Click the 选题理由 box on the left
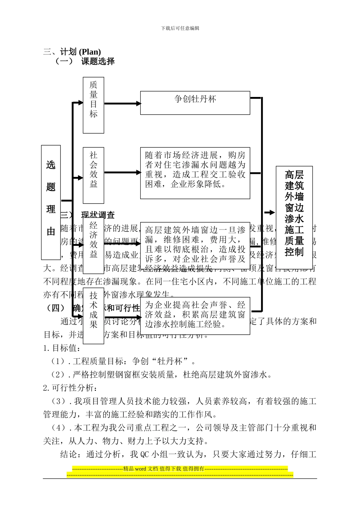click(x=51, y=202)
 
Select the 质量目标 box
click(x=93, y=105)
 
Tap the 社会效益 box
click(x=93, y=175)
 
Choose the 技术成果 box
click(x=93, y=315)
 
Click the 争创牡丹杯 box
click(x=195, y=102)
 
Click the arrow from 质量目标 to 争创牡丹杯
click(x=122, y=103)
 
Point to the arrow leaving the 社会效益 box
click(x=122, y=173)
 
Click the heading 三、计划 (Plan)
click(x=72, y=52)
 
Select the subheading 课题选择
click(x=98, y=61)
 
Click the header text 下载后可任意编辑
click(x=180, y=28)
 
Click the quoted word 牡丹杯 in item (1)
click(x=170, y=361)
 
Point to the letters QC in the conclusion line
click(x=145, y=454)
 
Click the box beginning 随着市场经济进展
click(x=195, y=173)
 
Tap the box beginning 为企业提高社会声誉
click(x=195, y=315)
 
